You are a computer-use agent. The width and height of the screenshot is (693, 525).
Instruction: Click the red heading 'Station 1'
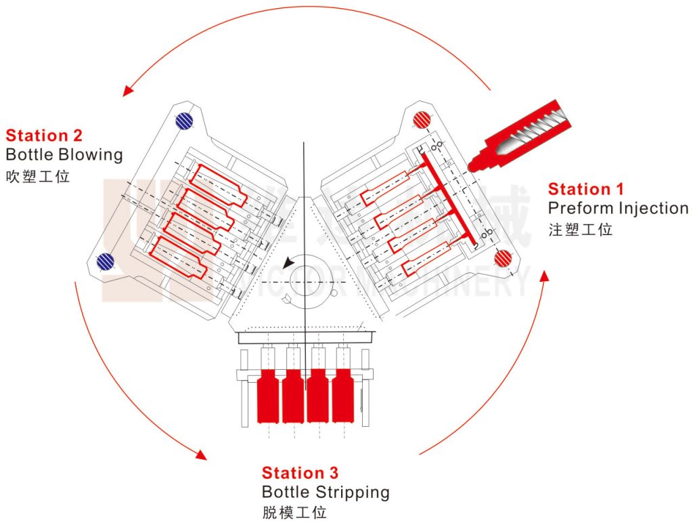[x=585, y=189]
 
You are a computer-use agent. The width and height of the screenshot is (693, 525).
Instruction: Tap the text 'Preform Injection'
[x=618, y=208]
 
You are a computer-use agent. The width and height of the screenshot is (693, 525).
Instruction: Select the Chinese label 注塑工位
[x=580, y=230]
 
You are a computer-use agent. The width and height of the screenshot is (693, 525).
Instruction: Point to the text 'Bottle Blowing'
[x=64, y=154]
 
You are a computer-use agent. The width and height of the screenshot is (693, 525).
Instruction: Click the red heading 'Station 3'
[x=300, y=473]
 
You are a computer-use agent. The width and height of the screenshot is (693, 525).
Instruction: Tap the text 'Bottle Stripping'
[x=326, y=492]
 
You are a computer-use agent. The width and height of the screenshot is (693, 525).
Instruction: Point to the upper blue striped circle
[x=183, y=121]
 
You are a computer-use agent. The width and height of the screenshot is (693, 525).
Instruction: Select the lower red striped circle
[x=502, y=258]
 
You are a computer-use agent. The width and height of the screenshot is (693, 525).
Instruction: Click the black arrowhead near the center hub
[x=290, y=262]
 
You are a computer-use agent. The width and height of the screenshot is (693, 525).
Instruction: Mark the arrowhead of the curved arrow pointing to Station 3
[x=200, y=455]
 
